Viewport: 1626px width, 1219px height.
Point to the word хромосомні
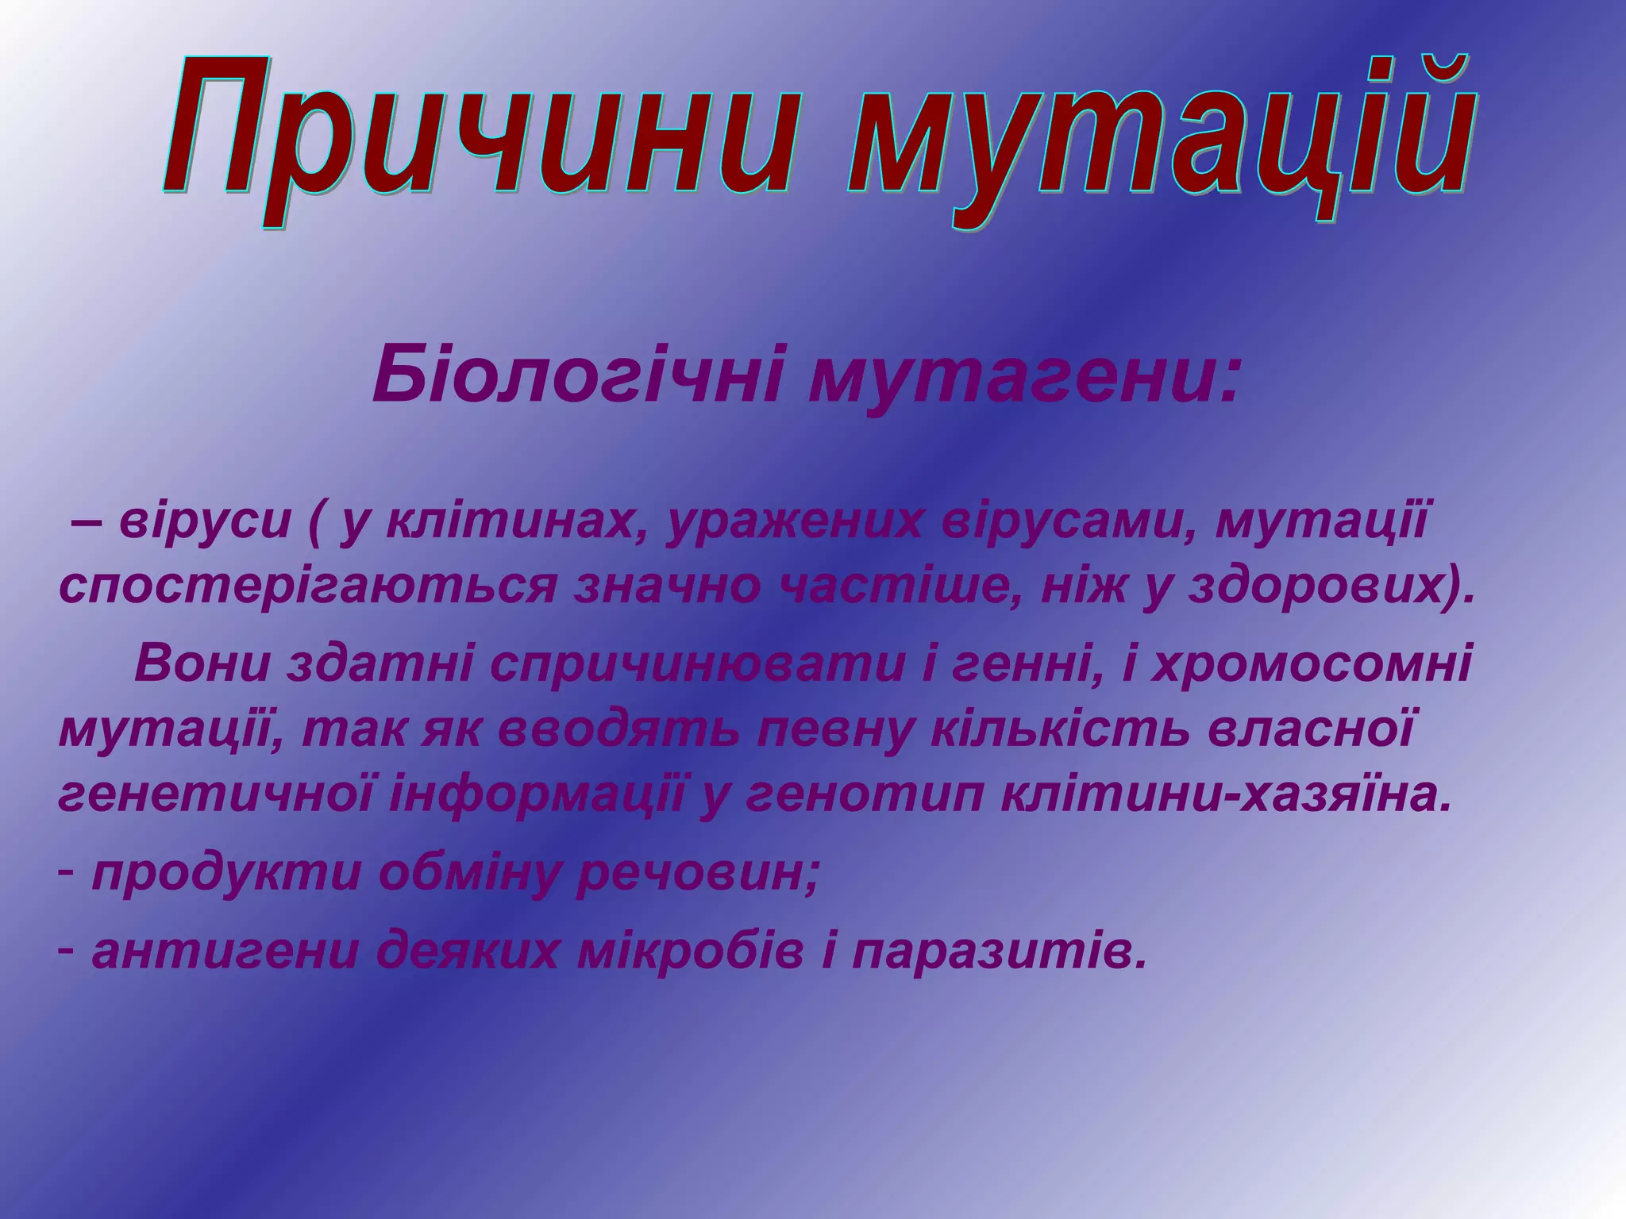pos(1311,665)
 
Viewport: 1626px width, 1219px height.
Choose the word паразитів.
pos(1000,952)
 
